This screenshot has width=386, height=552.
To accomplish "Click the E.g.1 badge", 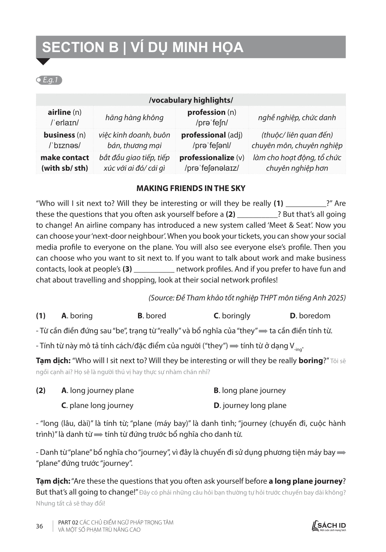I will (x=49, y=80).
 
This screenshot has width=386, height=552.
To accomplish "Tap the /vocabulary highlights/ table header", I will (x=191, y=100).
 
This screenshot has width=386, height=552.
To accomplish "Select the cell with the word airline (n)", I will (x=65, y=117).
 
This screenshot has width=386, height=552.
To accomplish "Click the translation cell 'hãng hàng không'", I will (x=134, y=117).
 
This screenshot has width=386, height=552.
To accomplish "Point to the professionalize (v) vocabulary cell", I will (x=212, y=163).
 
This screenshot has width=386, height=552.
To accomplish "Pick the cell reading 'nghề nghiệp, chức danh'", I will (x=297, y=117).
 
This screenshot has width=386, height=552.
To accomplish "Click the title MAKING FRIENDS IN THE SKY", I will (x=191, y=188).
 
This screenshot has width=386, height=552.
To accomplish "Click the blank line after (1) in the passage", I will (x=306, y=204).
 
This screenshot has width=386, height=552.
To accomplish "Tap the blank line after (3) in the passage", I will (x=154, y=270).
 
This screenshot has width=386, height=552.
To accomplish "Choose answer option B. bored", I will (x=152, y=316).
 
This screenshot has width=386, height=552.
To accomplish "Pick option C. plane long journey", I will (x=97, y=405).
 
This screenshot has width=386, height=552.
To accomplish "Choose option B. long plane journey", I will (x=250, y=390).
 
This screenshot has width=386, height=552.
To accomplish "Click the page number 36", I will (x=39, y=526).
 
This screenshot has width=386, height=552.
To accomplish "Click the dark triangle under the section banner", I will (x=43, y=61).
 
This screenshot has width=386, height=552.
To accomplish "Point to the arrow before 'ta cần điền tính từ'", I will (x=263, y=331).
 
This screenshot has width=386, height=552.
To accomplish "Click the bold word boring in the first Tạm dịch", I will (x=310, y=361).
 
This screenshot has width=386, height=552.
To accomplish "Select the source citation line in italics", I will (x=247, y=298).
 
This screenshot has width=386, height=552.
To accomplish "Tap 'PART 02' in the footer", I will (x=68, y=522).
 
